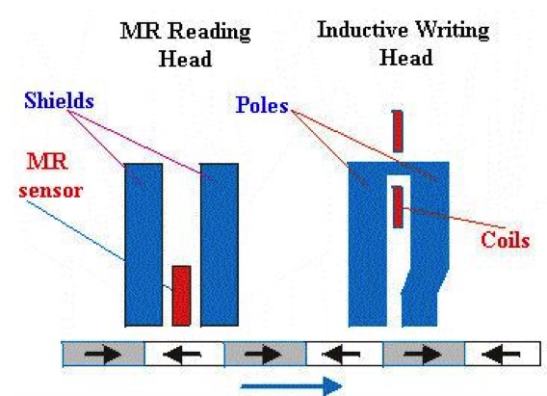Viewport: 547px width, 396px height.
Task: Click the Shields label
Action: point(59,100)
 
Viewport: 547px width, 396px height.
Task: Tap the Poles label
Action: point(262,105)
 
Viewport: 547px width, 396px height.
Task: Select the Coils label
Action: point(506,240)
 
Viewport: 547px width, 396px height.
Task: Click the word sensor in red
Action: point(51,191)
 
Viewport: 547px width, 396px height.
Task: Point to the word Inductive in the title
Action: point(362,30)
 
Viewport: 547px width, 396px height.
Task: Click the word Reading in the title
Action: point(209,32)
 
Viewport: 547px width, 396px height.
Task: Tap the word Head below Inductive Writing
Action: point(405,58)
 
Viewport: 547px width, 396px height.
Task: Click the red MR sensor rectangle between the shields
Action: point(181,296)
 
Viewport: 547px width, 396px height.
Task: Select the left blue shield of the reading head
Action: point(143,245)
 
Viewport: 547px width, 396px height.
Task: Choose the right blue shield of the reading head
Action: point(220,245)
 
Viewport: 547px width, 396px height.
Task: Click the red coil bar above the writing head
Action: point(398,131)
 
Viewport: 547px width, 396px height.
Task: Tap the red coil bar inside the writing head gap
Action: point(398,207)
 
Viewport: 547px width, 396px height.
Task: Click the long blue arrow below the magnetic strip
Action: point(292,386)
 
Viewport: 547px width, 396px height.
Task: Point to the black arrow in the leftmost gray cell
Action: point(103,355)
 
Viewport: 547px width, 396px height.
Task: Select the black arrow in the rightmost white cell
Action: point(501,355)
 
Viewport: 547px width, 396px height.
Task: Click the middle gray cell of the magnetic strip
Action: point(265,355)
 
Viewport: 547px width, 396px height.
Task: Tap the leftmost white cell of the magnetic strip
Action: point(184,355)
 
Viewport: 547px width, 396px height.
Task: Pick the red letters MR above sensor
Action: point(47,162)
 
